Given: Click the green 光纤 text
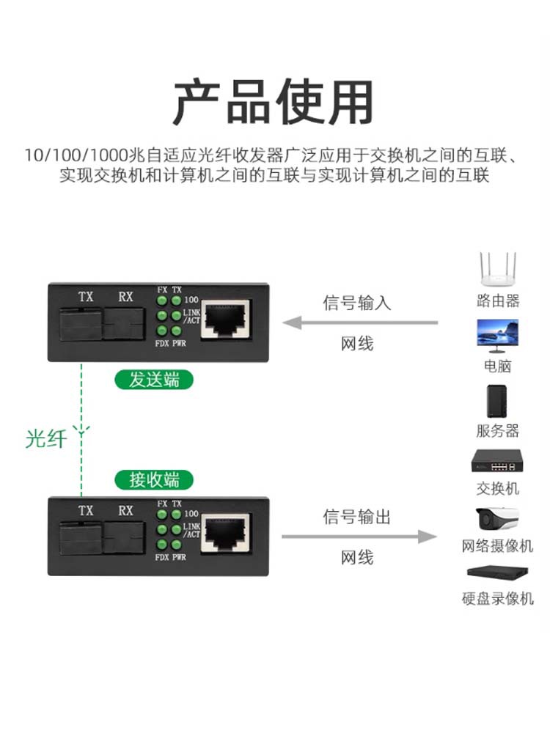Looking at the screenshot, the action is click(x=46, y=439).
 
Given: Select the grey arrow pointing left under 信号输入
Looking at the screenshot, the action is click(x=360, y=322).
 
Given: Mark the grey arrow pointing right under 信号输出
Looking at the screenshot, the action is click(x=360, y=537).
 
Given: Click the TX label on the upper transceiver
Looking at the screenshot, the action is click(x=86, y=297).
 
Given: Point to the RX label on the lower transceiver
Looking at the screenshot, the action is click(x=125, y=511).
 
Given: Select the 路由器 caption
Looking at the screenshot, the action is click(x=497, y=301).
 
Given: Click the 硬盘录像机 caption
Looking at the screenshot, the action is click(x=497, y=599).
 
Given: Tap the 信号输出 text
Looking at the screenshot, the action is click(x=357, y=517).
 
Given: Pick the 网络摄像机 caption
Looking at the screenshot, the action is click(x=497, y=546).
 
